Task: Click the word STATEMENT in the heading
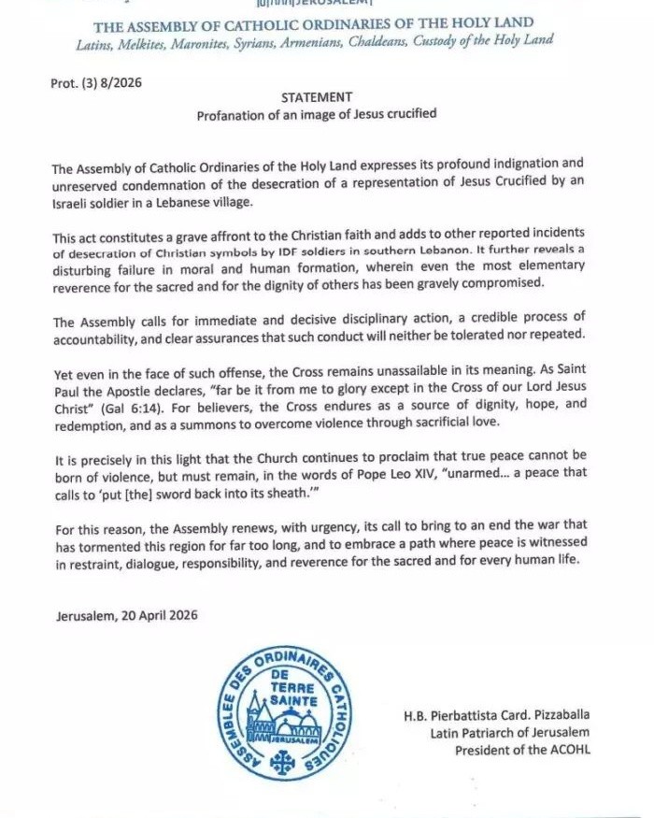point(317,97)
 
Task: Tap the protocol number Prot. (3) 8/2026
point(98,82)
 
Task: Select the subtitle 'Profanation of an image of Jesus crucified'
point(316,115)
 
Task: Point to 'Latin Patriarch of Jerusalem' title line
point(510,733)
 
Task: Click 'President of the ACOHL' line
point(522,750)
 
